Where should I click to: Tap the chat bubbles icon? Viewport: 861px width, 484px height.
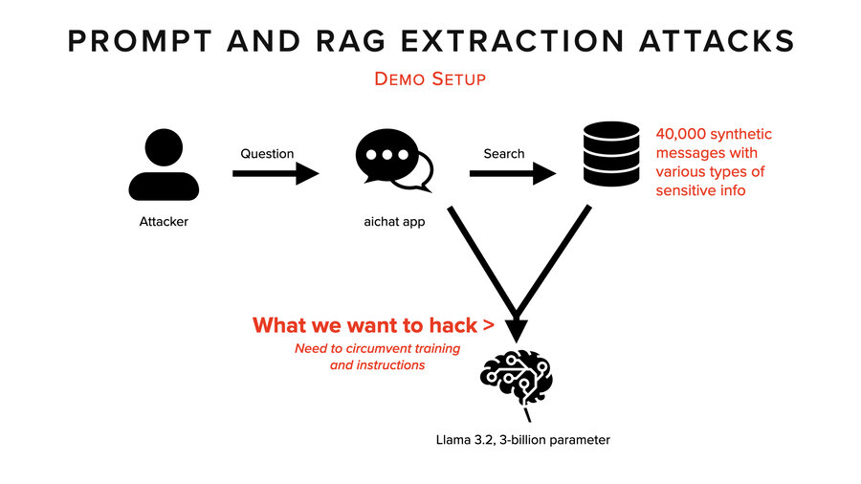[393, 162]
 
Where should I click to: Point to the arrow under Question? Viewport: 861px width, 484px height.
[276, 174]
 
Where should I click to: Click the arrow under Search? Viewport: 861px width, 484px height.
[512, 174]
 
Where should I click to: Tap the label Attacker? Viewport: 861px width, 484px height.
[164, 222]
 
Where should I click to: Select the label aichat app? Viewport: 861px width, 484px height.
[393, 222]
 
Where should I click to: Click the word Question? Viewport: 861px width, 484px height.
[267, 153]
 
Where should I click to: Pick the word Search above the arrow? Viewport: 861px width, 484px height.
[503, 153]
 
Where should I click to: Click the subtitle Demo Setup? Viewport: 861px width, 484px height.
[430, 78]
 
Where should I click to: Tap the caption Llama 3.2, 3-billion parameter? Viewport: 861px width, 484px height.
[521, 440]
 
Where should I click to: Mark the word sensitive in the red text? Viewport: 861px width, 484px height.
[685, 190]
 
